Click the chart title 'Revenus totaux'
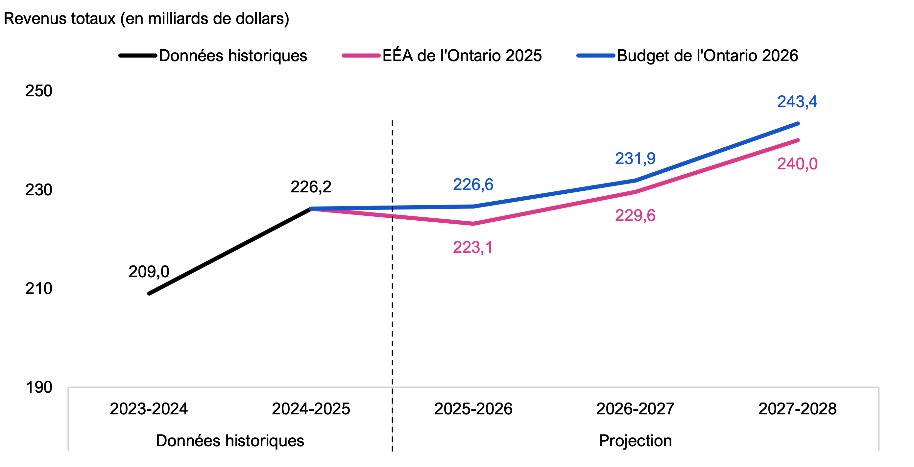[x=146, y=18]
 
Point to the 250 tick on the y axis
[x=39, y=91]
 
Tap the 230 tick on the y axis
[x=39, y=190]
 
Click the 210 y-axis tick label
[x=39, y=288]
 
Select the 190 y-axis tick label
[x=39, y=387]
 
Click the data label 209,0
[x=149, y=272]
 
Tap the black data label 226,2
[x=311, y=187]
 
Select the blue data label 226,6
[x=473, y=184]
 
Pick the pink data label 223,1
[x=473, y=247]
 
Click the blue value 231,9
[x=635, y=159]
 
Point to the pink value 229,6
[x=635, y=216]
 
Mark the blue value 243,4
[x=797, y=102]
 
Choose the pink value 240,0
[x=797, y=164]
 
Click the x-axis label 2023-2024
[x=149, y=409]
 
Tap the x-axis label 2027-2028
[x=797, y=409]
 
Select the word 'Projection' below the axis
[x=635, y=441]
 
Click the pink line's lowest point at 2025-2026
[x=473, y=224]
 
